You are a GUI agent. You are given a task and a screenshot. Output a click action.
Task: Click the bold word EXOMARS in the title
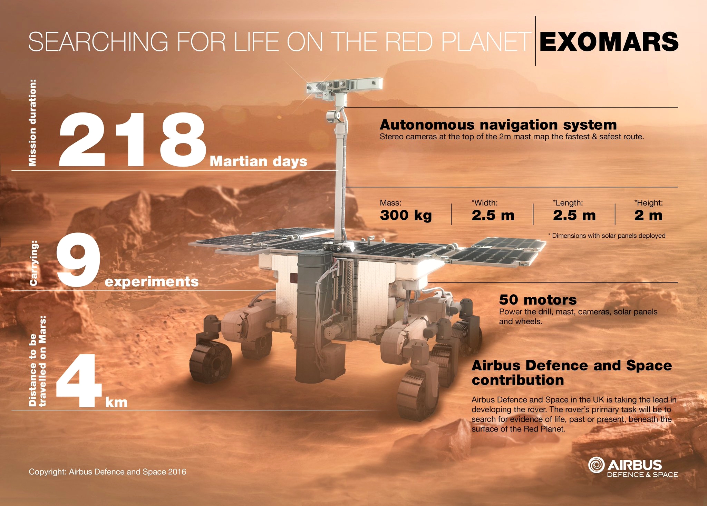coord(609,42)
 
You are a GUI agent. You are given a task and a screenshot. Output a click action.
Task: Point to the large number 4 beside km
coord(79,380)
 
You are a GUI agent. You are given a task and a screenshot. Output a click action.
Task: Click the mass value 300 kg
coord(406,215)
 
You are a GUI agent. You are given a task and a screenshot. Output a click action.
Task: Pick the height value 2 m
coord(648,215)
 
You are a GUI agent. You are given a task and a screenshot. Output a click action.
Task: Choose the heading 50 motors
coord(538,299)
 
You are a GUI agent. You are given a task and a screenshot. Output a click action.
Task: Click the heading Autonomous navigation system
coord(498,125)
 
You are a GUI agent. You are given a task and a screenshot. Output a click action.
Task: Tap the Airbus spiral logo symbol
coord(596,465)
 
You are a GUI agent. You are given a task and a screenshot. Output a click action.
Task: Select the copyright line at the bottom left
coord(107,472)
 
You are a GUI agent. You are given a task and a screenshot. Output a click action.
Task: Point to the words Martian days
coord(259,161)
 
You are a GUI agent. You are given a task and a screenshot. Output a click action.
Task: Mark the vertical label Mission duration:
coord(32,123)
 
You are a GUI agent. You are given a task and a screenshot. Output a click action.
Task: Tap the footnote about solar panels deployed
coord(607,236)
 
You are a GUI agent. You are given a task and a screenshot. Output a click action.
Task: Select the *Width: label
coord(485,203)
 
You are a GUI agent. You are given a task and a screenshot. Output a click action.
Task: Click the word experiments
coord(152,282)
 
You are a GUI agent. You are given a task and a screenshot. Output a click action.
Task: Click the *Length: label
coord(568,203)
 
